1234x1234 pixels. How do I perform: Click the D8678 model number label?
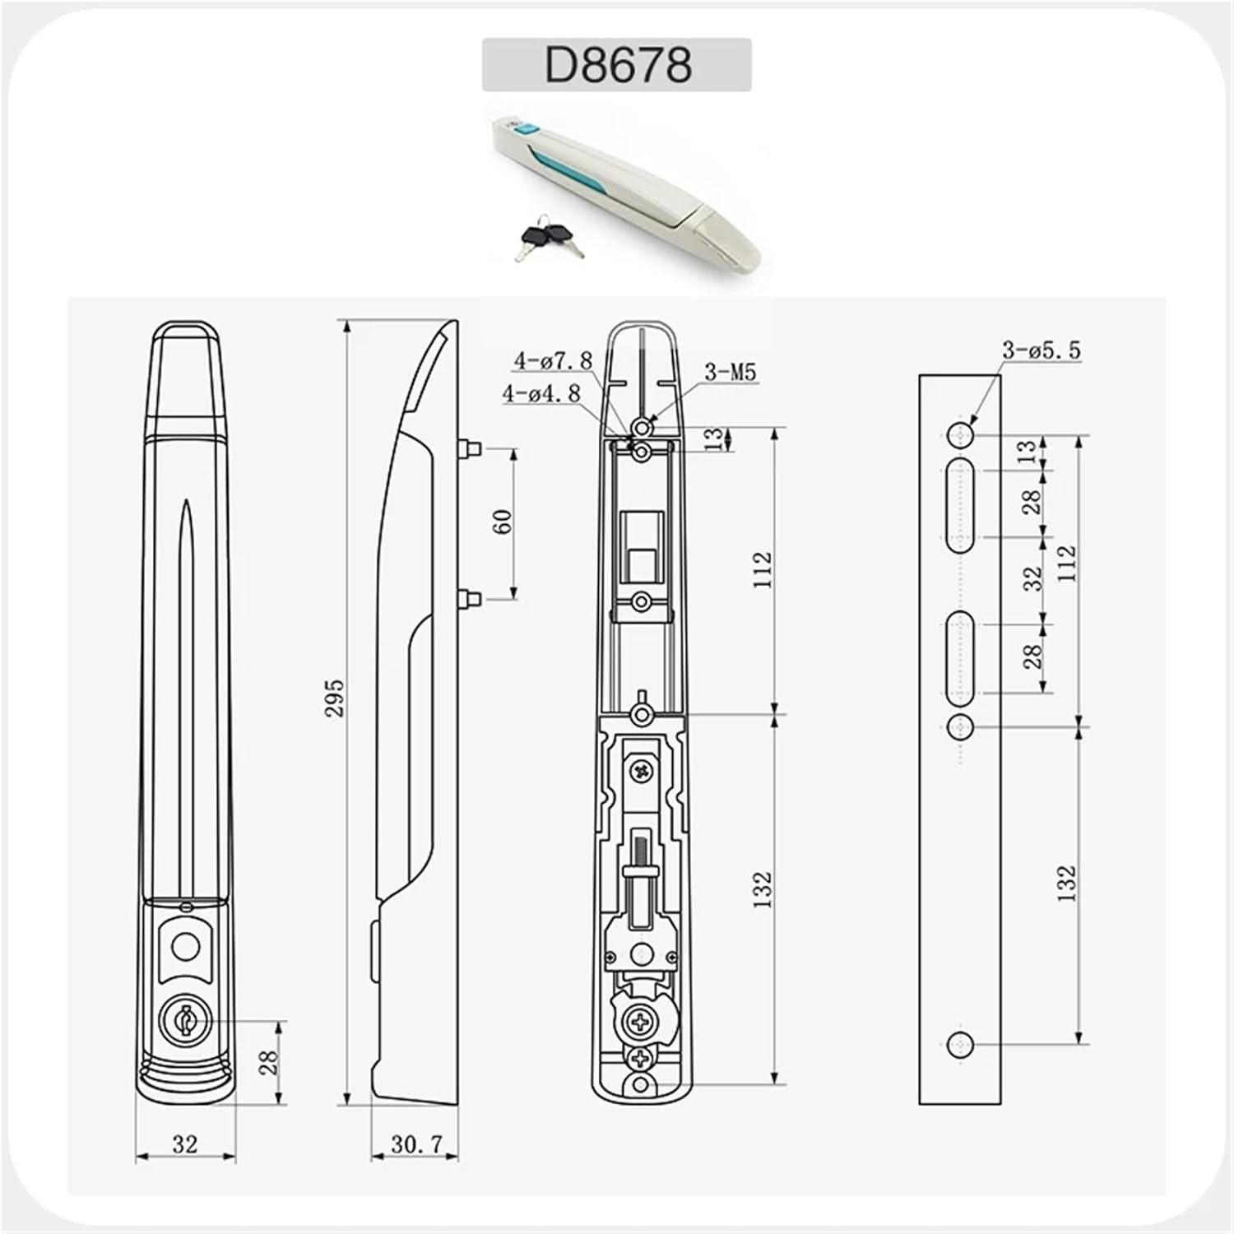[x=617, y=64]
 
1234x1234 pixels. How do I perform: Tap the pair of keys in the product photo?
[x=545, y=236]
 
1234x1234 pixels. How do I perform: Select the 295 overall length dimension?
[x=334, y=698]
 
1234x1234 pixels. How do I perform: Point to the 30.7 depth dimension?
[x=416, y=1144]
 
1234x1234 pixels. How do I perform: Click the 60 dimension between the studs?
[x=503, y=522]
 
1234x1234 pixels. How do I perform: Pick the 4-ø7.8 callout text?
[x=553, y=360]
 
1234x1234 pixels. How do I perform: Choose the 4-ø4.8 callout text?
[x=541, y=393]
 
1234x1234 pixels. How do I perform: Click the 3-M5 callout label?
[x=729, y=373]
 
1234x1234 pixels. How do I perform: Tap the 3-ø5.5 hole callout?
[x=1041, y=350]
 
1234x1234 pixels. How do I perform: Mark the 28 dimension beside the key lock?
[x=269, y=1063]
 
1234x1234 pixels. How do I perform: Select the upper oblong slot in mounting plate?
[x=960, y=505]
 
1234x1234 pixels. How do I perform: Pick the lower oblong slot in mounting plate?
[x=960, y=658]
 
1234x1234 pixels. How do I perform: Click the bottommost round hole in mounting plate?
[x=960, y=1046]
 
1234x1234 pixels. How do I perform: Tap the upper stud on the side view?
[x=469, y=448]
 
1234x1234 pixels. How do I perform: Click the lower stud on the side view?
[x=469, y=599]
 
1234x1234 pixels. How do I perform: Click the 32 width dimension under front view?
[x=185, y=1144]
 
